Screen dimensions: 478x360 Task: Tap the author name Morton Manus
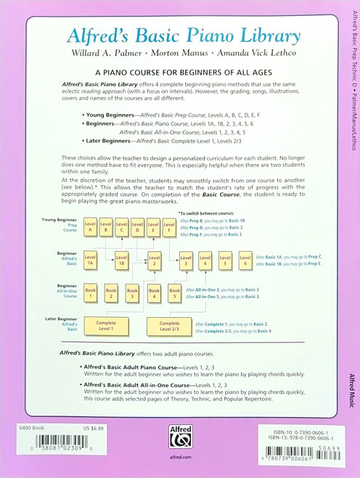(x=180, y=54)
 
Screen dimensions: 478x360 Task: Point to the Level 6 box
(x=245, y=261)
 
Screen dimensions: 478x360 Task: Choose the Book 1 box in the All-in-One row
(x=90, y=293)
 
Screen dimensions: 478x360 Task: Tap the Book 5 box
(x=174, y=293)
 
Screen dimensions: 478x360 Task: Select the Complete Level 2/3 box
(x=169, y=326)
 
